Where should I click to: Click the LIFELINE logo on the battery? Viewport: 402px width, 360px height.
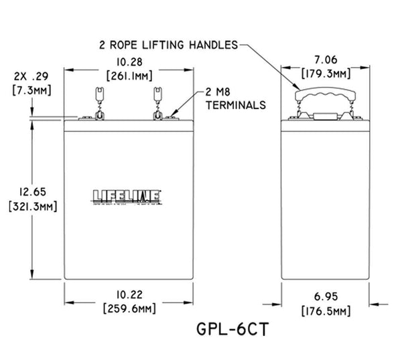coord(125,196)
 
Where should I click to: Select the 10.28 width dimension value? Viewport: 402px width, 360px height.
coord(125,62)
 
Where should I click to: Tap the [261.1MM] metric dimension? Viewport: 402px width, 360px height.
coord(125,76)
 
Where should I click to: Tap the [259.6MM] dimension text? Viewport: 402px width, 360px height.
coord(125,308)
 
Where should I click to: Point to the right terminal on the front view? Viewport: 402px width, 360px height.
coord(159,107)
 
